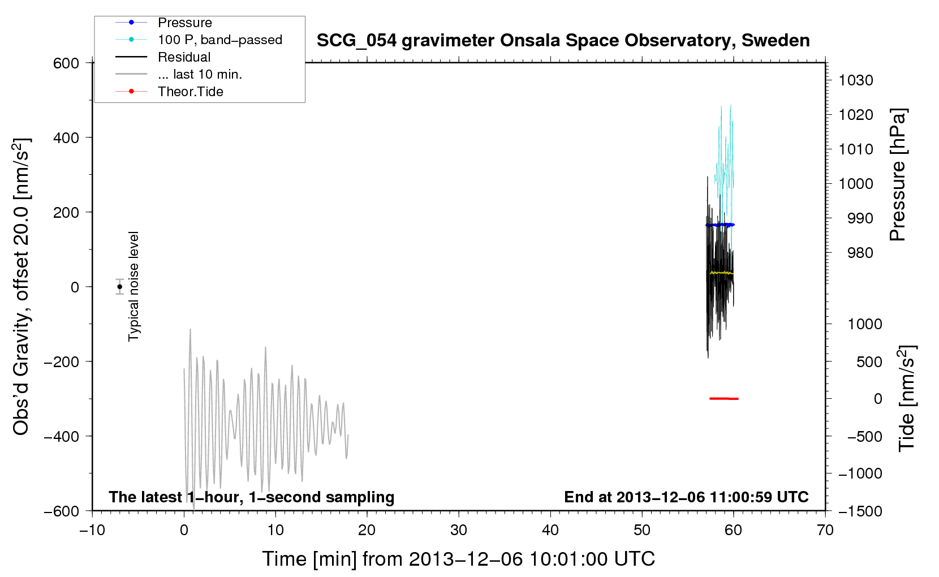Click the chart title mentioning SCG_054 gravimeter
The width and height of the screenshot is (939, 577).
coord(563,41)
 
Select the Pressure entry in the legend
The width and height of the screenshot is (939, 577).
coord(185,22)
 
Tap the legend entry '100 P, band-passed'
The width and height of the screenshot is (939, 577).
coord(220,40)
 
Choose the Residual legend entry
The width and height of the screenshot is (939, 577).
coord(184,57)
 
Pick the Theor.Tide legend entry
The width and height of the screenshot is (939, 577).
coord(190,92)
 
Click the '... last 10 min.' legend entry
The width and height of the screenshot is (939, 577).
coord(200,74)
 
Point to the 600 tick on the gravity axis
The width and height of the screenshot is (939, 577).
coord(66,63)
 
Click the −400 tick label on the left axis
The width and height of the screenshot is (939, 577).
coord(62,437)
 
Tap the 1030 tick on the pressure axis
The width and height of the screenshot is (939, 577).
coord(856,80)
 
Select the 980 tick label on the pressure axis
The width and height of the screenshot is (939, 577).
coord(860,253)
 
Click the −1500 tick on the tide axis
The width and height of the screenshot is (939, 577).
coord(860,511)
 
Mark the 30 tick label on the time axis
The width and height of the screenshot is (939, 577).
coord(459,530)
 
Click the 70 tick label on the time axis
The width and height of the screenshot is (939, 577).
coord(825,530)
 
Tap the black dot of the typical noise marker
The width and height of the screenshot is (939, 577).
coord(119,287)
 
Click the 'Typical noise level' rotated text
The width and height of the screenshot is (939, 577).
coord(133,287)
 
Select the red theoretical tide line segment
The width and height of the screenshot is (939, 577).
coord(723,398)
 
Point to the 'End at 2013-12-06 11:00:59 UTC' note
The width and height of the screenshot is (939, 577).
coord(686,497)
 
